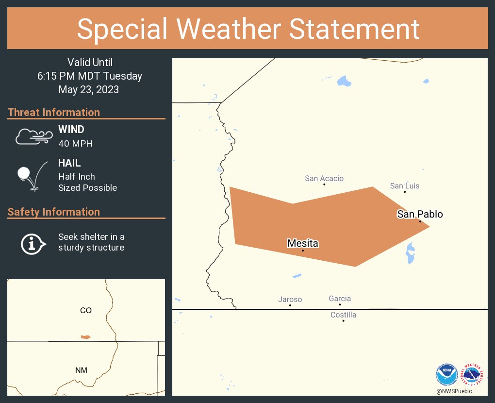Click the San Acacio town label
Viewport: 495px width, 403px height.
324,178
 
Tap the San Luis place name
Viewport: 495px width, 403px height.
405,186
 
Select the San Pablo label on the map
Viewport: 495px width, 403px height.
420,214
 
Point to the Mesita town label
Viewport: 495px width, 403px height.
302,243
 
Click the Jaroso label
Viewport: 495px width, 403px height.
290,300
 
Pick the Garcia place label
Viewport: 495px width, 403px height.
340,299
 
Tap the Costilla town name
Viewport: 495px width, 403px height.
343,315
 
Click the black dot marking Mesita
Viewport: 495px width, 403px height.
303,251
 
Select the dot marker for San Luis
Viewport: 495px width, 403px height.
405,192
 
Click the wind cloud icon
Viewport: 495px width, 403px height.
33,137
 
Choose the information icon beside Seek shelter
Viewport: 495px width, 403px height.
33,243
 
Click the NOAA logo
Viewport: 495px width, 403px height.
446,375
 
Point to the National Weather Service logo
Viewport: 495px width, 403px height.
473,375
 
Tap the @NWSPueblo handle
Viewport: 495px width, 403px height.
454,391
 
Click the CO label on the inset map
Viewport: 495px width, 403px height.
85,310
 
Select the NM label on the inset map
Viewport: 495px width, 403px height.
81,370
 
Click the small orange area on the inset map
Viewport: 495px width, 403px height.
85,336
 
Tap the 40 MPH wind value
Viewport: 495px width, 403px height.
75,144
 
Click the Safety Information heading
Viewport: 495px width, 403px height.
53,212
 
